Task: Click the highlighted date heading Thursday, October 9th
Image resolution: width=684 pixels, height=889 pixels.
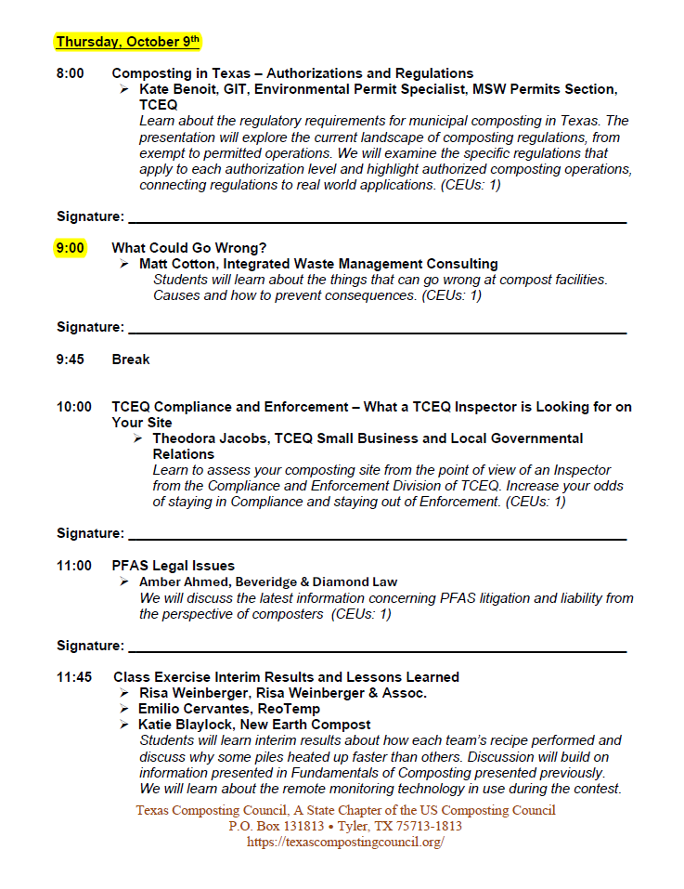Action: (x=128, y=42)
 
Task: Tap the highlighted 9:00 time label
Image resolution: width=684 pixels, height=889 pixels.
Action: (x=71, y=248)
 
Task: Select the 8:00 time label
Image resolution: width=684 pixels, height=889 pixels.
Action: (x=71, y=73)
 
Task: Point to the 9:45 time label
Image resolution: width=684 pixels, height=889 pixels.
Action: (x=71, y=360)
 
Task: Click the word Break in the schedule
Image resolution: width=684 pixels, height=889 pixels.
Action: (x=131, y=360)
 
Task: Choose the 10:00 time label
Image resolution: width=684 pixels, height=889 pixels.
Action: (x=74, y=407)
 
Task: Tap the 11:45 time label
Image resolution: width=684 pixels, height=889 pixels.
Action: (x=74, y=677)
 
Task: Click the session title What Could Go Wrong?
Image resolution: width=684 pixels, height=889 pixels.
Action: (x=189, y=248)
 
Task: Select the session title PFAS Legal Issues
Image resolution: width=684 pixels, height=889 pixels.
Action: (x=174, y=566)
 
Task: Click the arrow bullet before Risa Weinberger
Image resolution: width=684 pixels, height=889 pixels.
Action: (x=124, y=693)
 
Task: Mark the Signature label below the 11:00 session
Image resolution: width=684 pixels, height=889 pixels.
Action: (x=90, y=646)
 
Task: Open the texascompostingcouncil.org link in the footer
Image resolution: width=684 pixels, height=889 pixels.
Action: (x=345, y=842)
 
